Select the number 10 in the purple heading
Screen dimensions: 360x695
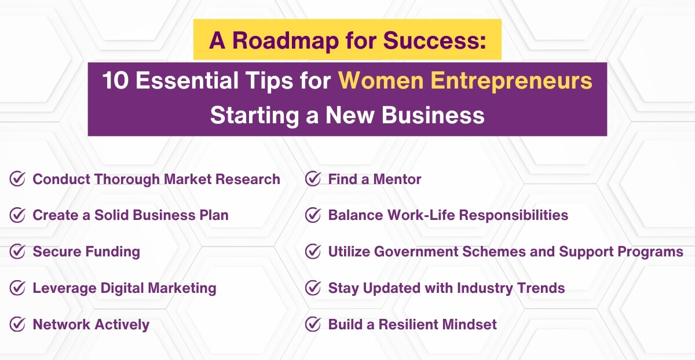point(116,81)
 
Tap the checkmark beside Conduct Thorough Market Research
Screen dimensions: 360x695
point(17,179)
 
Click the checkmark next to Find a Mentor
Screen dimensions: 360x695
point(313,179)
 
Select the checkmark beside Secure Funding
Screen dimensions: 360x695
point(17,252)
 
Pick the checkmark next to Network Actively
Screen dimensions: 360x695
point(17,324)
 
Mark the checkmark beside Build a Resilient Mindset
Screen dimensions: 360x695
point(313,324)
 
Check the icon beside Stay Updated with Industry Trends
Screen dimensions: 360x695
point(313,288)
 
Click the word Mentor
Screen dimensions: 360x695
point(397,179)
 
